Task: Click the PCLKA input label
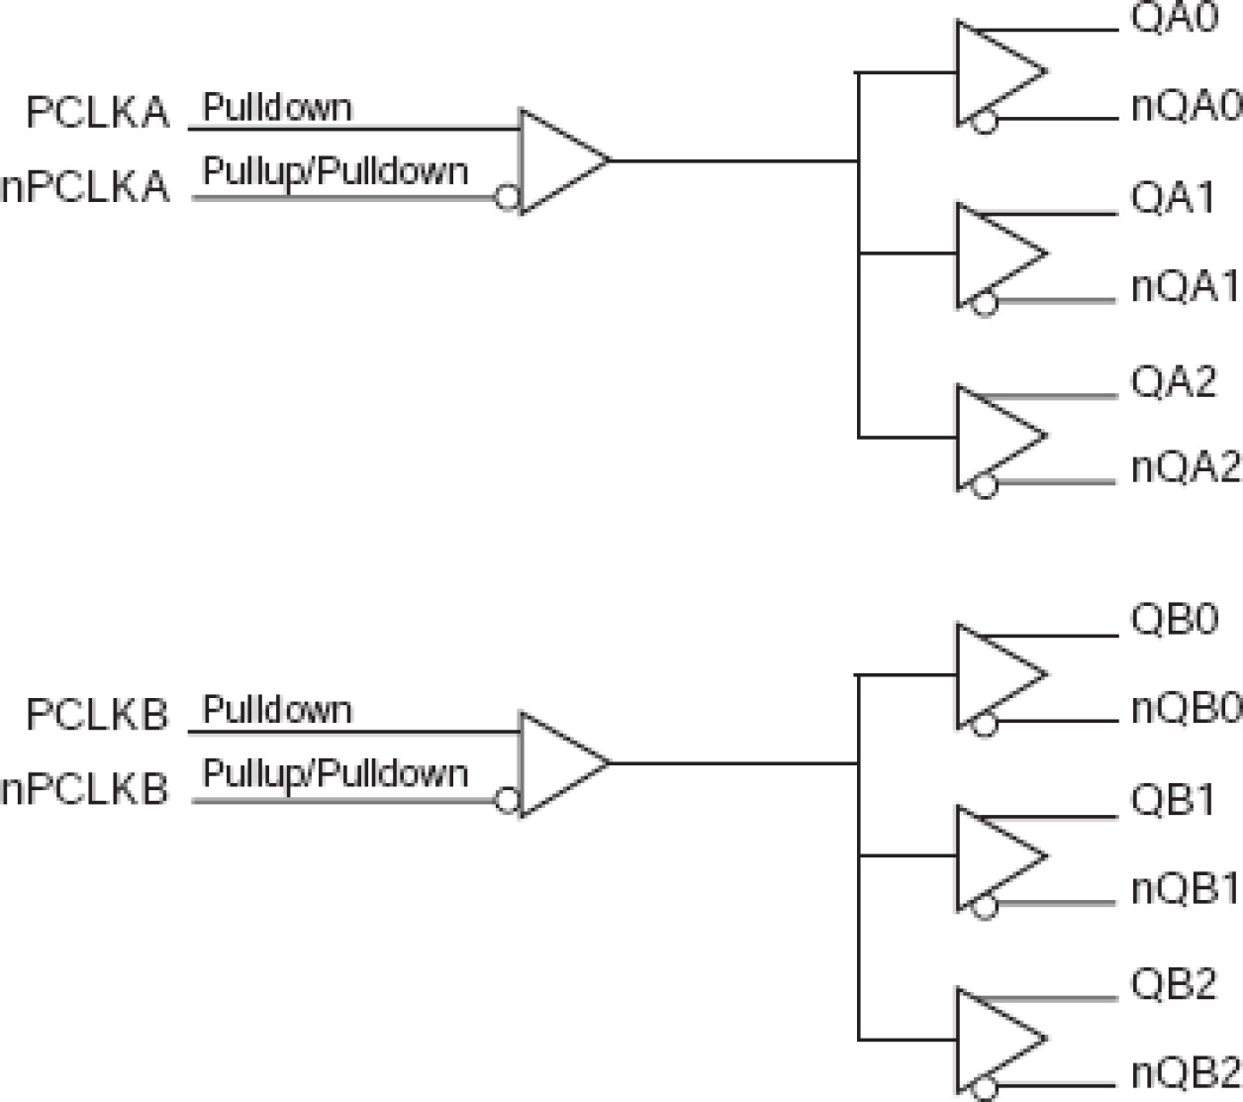click(x=97, y=113)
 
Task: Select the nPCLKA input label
click(x=85, y=186)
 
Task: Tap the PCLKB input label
click(x=97, y=715)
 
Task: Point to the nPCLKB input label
click(x=85, y=789)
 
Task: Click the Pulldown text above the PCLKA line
click(x=277, y=107)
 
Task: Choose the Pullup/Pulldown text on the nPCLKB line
click(x=335, y=773)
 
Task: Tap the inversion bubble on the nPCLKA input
click(x=508, y=198)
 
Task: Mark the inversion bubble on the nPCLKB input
click(x=508, y=800)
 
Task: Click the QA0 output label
click(x=1174, y=19)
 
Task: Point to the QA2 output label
click(x=1174, y=381)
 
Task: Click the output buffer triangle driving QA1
click(x=995, y=253)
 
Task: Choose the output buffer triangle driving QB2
click(x=995, y=1039)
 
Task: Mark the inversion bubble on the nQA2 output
click(x=985, y=486)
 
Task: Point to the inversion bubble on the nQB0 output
click(x=985, y=725)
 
